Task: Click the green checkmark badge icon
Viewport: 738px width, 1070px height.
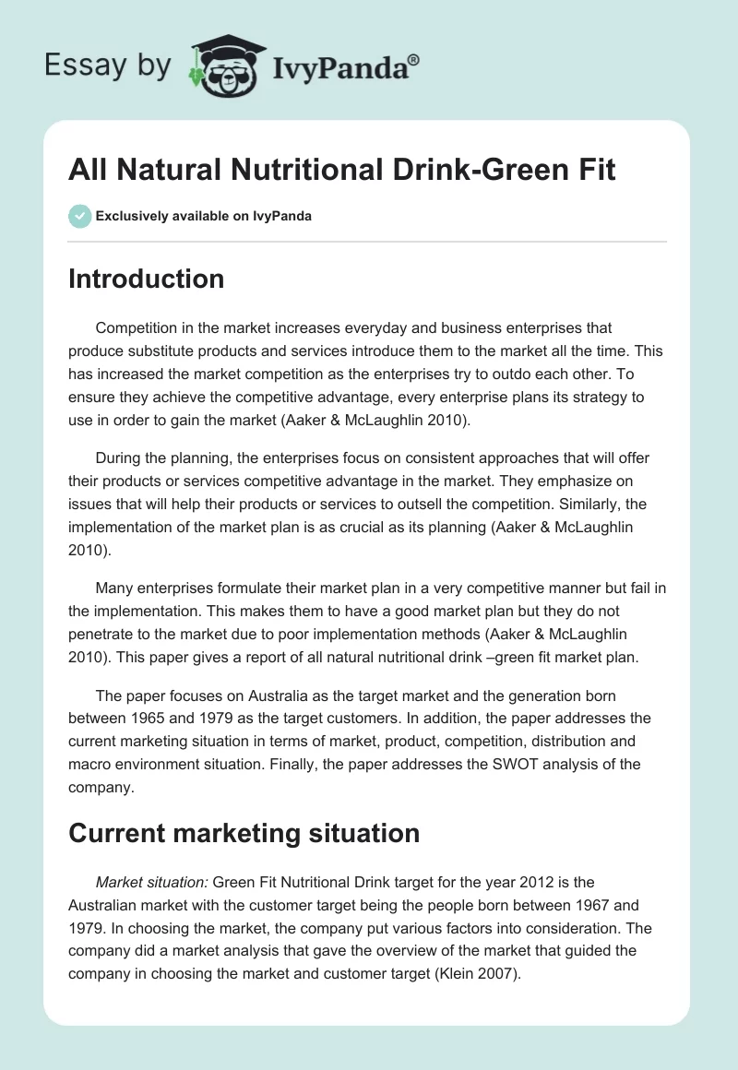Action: pyautogui.click(x=79, y=216)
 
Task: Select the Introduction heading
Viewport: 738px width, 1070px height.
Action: pyautogui.click(x=146, y=279)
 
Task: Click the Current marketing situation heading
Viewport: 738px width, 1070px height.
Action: pyautogui.click(x=244, y=833)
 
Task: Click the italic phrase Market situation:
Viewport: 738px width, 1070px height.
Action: pyautogui.click(x=152, y=882)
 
